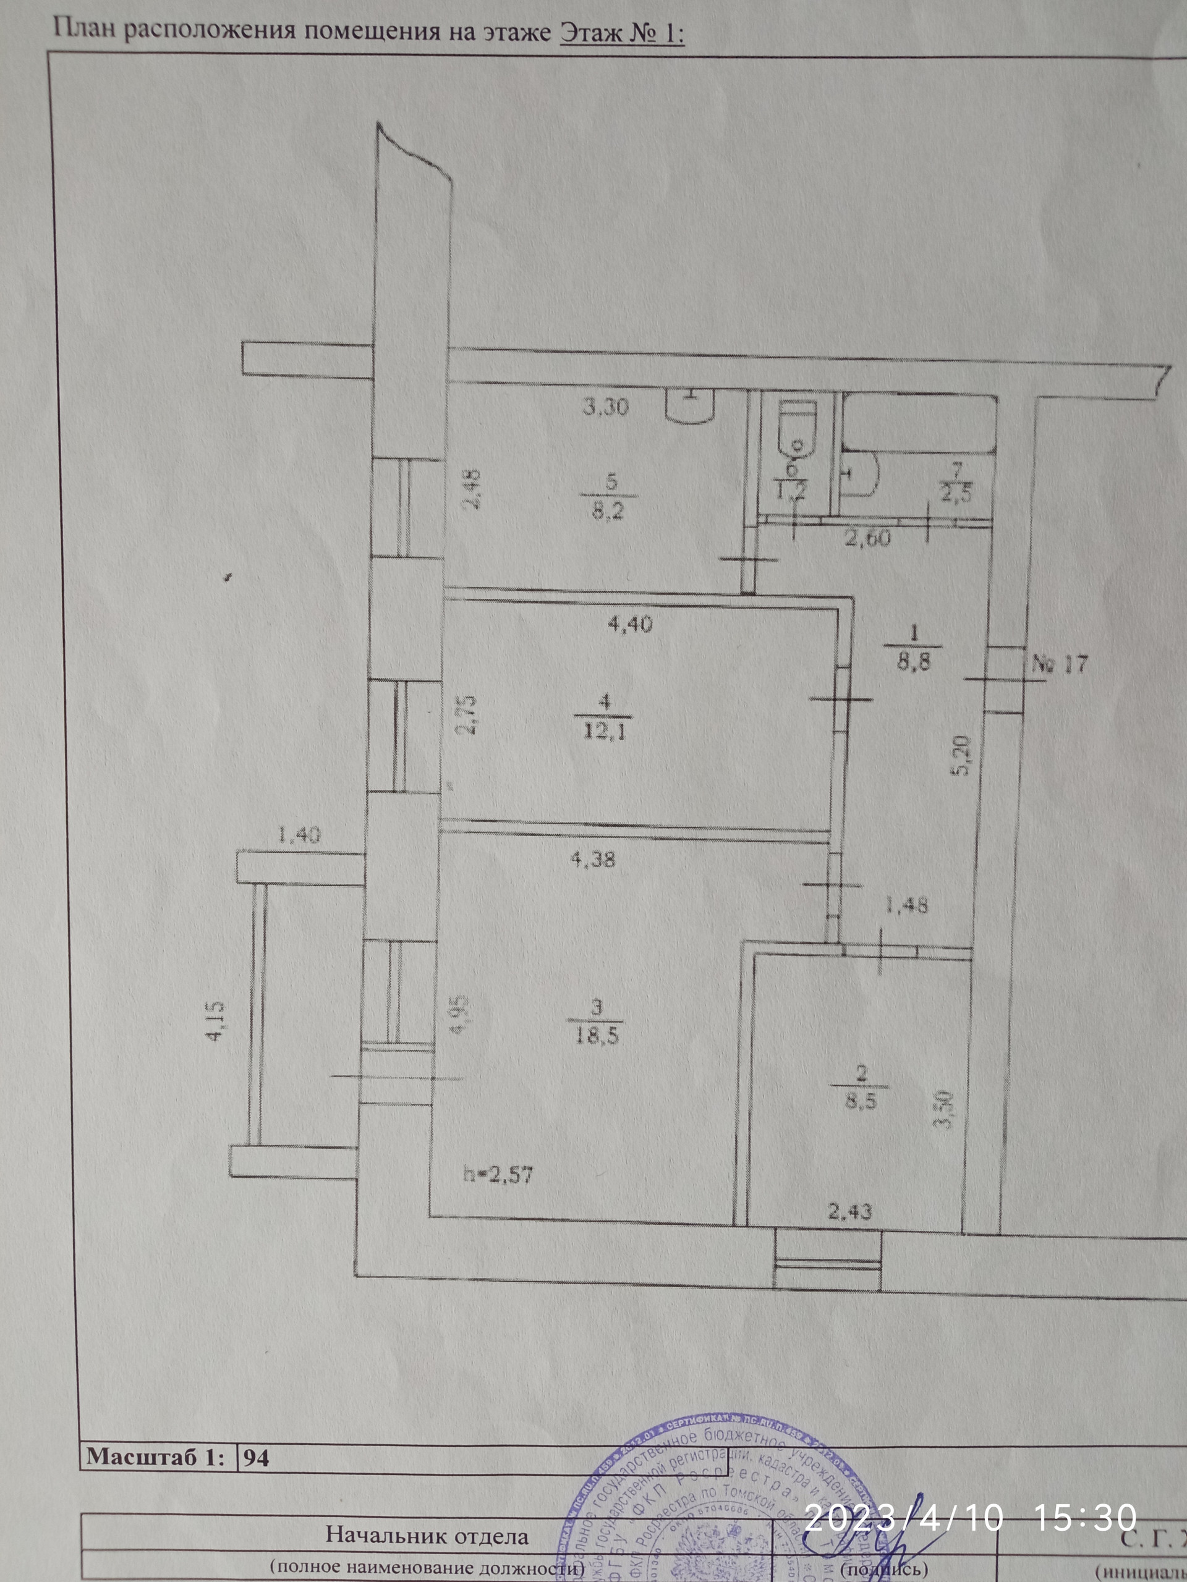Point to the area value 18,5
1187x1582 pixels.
[x=596, y=1036]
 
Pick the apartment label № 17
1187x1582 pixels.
[x=1060, y=664]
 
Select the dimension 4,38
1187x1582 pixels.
[x=592, y=858]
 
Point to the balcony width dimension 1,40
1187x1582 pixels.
[x=299, y=834]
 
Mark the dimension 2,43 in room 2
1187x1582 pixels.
[x=850, y=1212]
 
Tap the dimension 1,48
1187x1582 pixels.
[x=906, y=905]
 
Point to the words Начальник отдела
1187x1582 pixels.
[x=427, y=1536]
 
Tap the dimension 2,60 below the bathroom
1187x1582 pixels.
[x=868, y=538]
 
